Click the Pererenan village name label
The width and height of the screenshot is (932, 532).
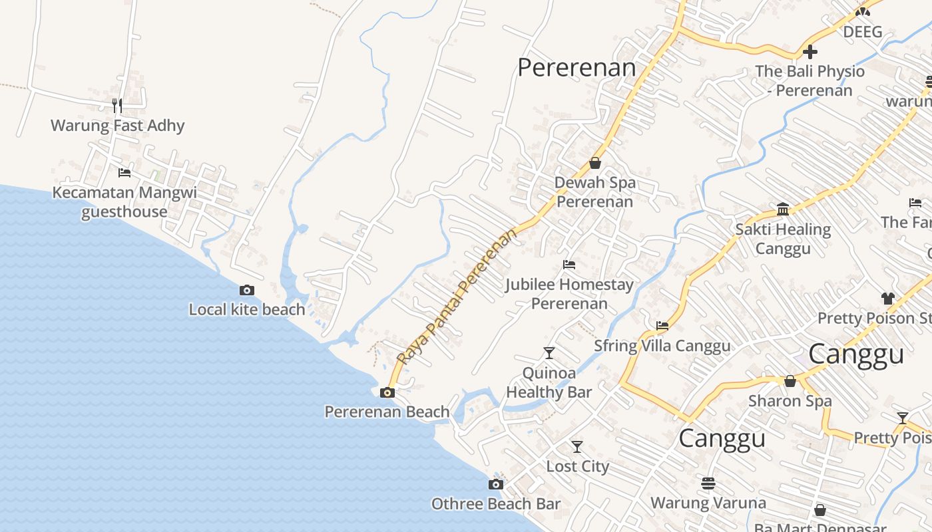577,67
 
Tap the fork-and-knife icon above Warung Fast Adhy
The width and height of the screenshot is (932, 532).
117,105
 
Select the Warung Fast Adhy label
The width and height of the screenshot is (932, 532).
117,126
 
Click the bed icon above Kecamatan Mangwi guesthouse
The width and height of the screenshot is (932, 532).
124,173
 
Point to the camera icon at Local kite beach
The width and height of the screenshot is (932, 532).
247,290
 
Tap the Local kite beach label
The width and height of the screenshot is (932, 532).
247,309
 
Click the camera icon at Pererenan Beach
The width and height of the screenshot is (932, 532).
387,392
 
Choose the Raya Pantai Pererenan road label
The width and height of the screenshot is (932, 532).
457,297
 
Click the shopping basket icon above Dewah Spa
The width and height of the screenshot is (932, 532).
595,163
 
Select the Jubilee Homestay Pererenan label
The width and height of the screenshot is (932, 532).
569,294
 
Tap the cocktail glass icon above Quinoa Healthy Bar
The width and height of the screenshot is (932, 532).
549,352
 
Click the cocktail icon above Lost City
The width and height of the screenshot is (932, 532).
577,447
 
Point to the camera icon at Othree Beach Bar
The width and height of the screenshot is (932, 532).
496,484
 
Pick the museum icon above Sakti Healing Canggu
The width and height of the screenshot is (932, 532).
783,210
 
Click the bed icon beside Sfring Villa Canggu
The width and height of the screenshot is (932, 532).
662,326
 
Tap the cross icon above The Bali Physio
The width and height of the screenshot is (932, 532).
810,51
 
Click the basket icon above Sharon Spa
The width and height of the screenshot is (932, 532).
790,381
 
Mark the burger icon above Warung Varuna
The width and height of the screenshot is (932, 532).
708,483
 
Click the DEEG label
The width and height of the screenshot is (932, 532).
863,32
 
